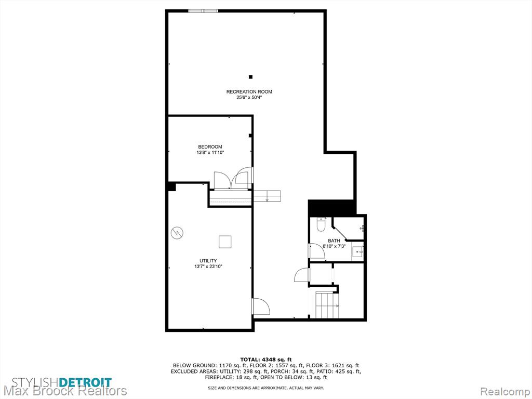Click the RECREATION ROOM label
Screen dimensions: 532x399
coord(249,91)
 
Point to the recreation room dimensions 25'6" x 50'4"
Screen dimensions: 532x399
coord(249,98)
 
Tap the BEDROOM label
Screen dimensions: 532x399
coord(210,147)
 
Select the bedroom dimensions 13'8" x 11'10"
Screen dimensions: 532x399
coord(210,153)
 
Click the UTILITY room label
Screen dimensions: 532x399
coord(208,261)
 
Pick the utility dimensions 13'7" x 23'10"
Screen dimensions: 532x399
coord(208,267)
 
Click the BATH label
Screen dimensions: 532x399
coord(334,241)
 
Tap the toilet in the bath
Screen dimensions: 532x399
coord(321,224)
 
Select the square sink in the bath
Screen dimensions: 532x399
coord(357,252)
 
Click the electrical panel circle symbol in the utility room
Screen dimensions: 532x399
coord(177,233)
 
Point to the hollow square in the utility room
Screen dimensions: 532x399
coord(224,242)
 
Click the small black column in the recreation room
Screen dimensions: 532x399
coord(251,77)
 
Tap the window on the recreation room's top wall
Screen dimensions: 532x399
coord(203,11)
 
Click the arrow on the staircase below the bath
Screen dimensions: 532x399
coord(337,306)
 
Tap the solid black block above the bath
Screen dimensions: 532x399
coord(332,208)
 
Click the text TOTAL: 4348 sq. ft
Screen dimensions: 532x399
coord(266,360)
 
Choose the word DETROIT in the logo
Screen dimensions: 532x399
coord(85,382)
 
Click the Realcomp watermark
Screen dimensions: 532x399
coord(505,392)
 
